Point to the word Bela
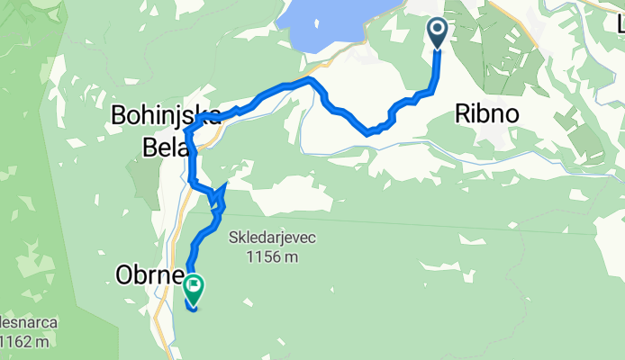162,144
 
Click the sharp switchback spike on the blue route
222,185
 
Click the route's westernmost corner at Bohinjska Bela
186,131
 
